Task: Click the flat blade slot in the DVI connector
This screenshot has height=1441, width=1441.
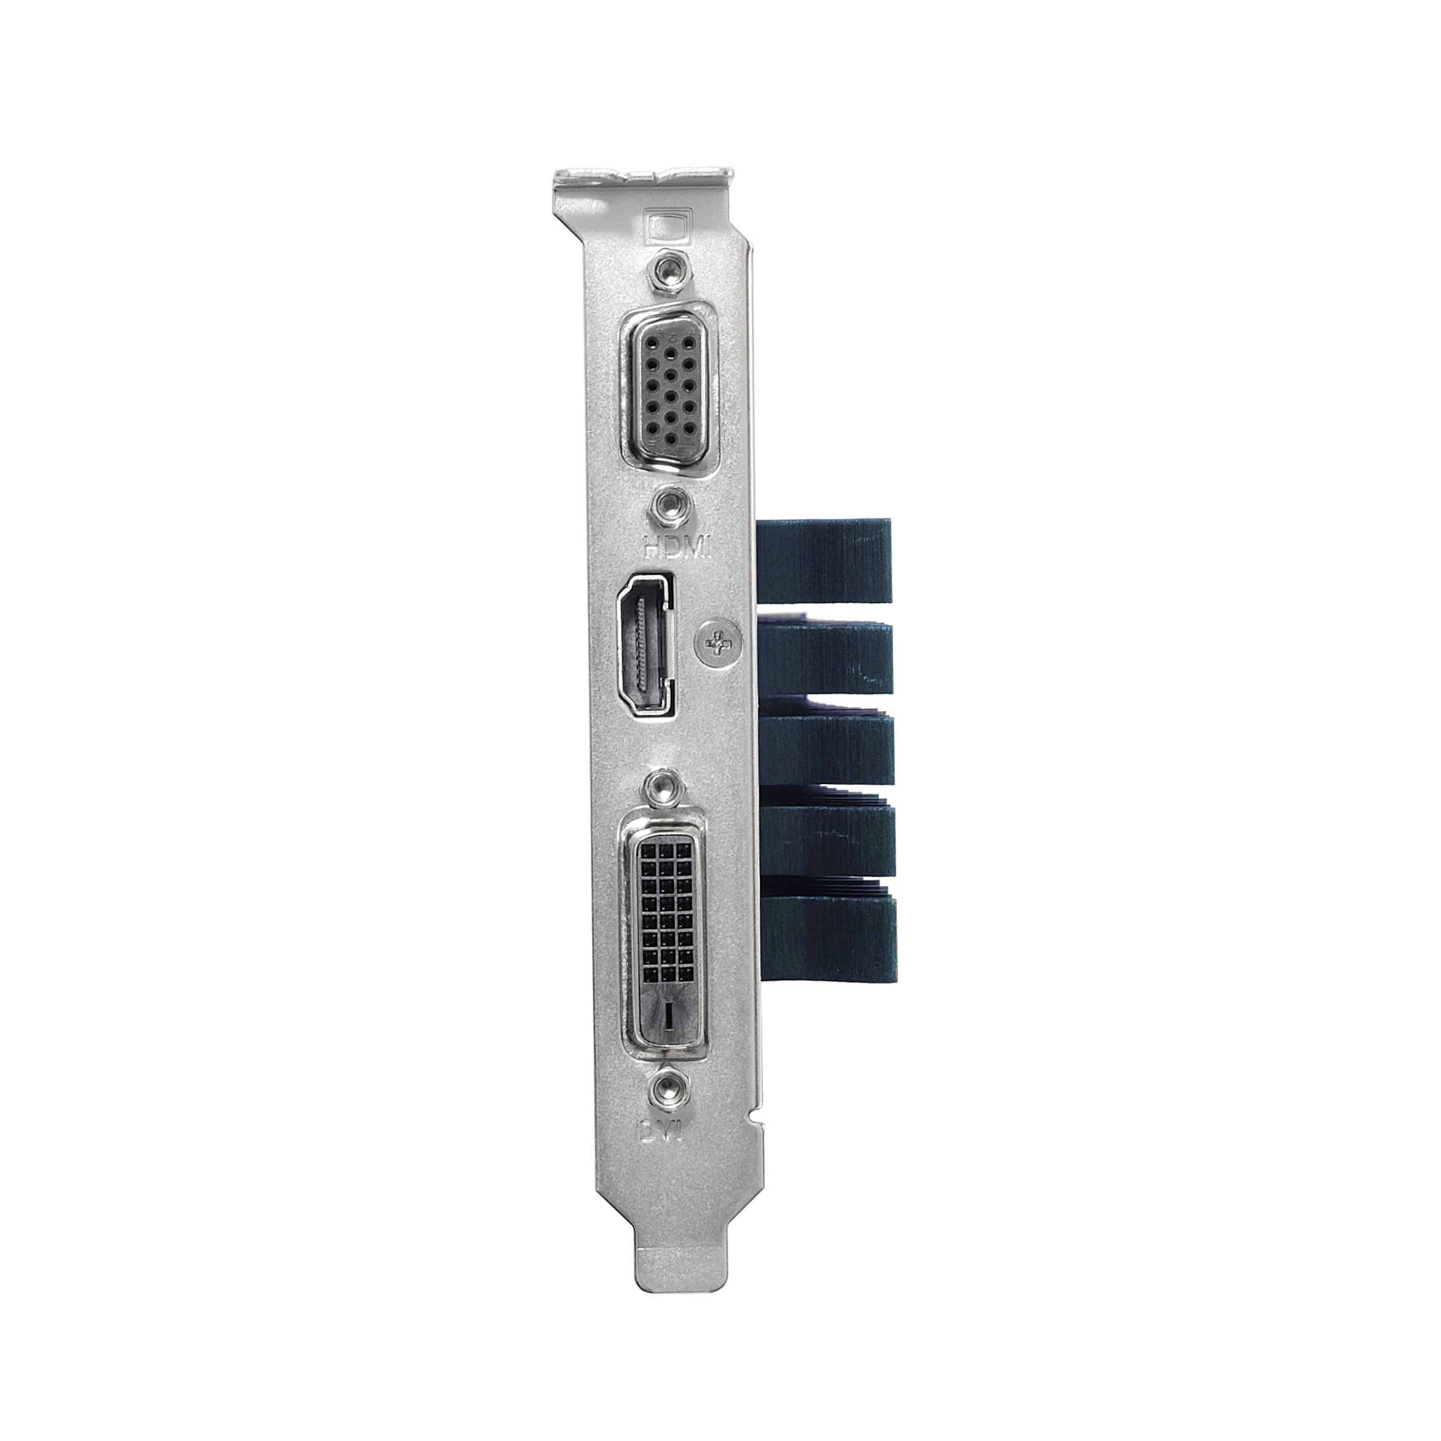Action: point(668,1014)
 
